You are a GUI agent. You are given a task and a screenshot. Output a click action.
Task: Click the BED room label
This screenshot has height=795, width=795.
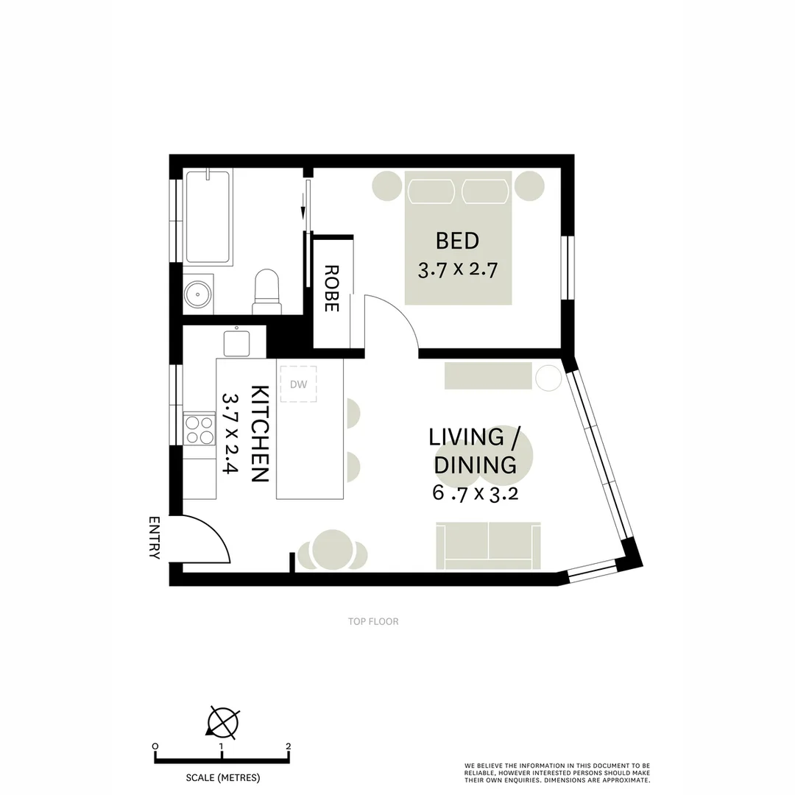pyautogui.click(x=457, y=241)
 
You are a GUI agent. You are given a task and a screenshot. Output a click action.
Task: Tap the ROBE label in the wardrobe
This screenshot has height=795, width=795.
pyautogui.click(x=331, y=289)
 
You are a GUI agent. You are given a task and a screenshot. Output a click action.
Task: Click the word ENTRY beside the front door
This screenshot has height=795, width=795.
pyautogui.click(x=154, y=537)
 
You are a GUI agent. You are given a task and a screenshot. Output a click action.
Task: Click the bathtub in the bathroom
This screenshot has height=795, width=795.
pyautogui.click(x=209, y=217)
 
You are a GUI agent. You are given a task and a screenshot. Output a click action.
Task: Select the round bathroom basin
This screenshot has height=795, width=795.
pyautogui.click(x=197, y=294)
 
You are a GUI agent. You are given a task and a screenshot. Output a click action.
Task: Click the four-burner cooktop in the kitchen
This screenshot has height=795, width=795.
pyautogui.click(x=199, y=430)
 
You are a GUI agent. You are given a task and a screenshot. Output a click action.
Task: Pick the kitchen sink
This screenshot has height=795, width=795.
pyautogui.click(x=236, y=343)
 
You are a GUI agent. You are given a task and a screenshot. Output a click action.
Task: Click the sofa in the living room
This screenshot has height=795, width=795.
pyautogui.click(x=488, y=545)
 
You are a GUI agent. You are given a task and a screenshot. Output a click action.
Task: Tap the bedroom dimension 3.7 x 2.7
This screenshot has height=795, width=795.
pyautogui.click(x=458, y=269)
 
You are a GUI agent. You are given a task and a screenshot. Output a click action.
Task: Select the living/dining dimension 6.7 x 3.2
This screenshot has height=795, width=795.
pyautogui.click(x=475, y=493)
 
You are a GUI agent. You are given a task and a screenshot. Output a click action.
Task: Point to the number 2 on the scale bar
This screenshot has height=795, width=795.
pyautogui.click(x=288, y=746)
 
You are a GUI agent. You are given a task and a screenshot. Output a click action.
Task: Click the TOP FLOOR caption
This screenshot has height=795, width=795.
pyautogui.click(x=373, y=621)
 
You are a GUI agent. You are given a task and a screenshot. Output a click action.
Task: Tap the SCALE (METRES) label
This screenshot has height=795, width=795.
pyautogui.click(x=222, y=777)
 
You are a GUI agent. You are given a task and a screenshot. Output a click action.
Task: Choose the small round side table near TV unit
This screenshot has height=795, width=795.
pyautogui.click(x=548, y=378)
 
